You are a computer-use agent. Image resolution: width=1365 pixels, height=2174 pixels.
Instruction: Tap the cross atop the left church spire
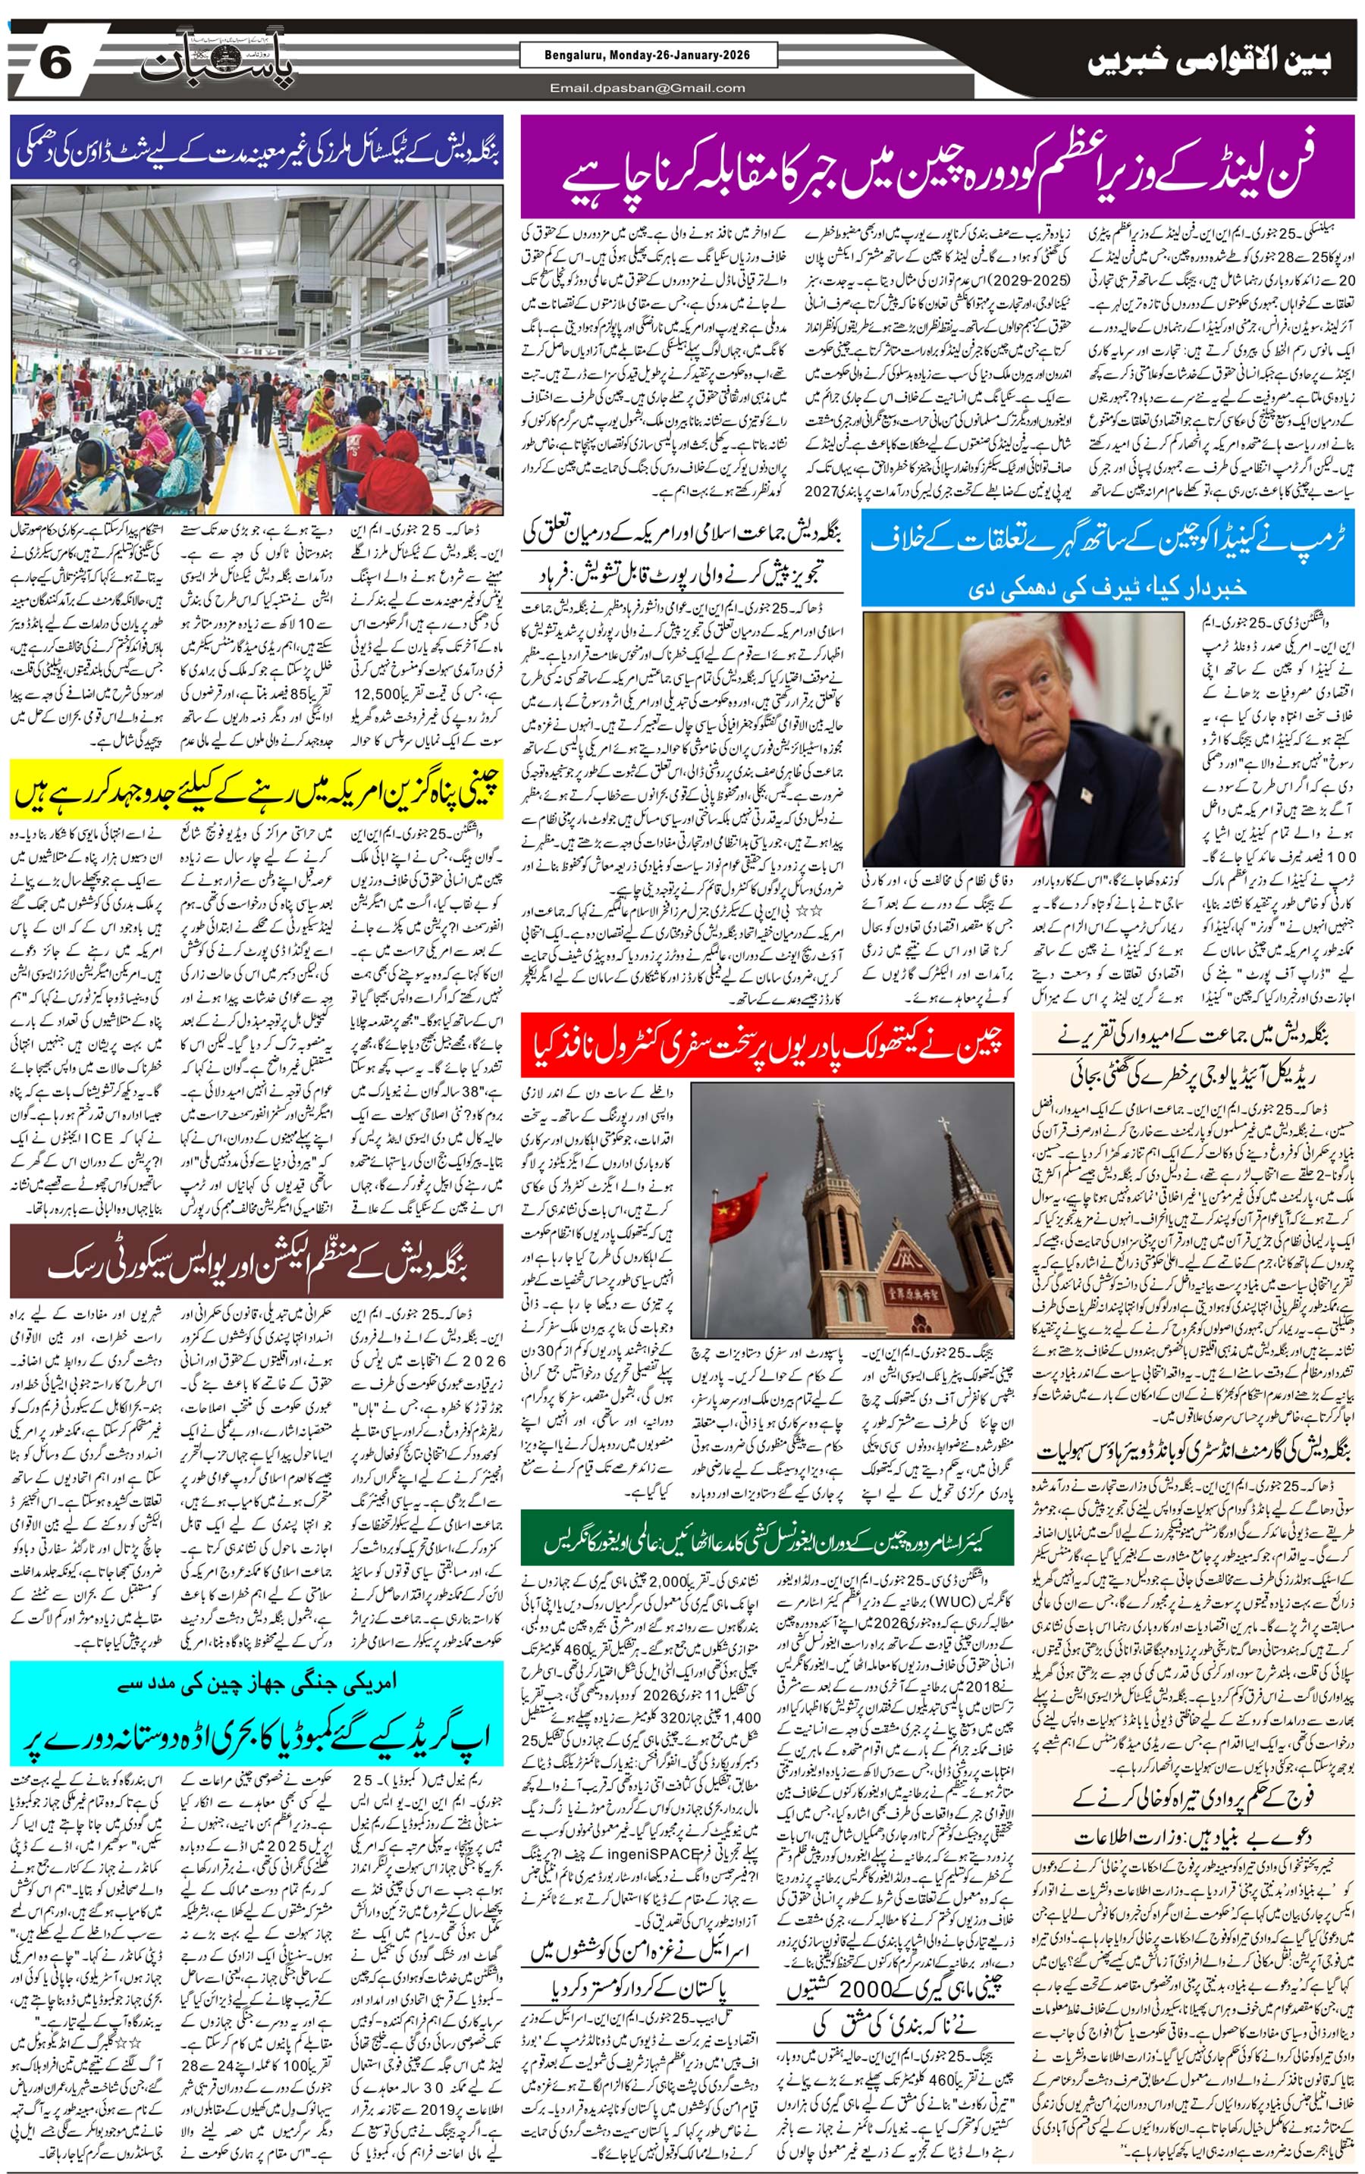click(x=818, y=1108)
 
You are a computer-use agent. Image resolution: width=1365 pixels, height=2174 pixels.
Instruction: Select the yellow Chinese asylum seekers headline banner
click(x=256, y=789)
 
